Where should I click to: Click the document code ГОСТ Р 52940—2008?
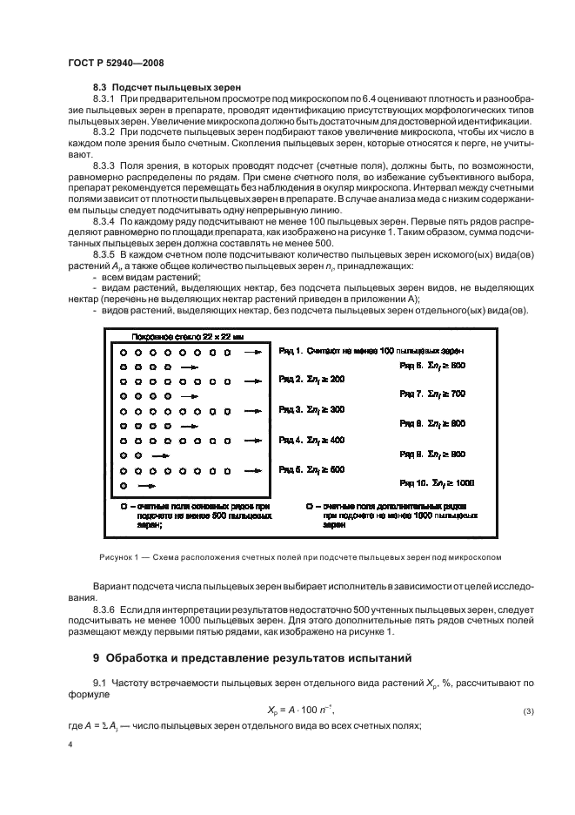(x=116, y=64)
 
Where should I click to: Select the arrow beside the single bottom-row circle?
(x=147, y=484)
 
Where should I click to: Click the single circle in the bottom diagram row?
(x=124, y=484)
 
